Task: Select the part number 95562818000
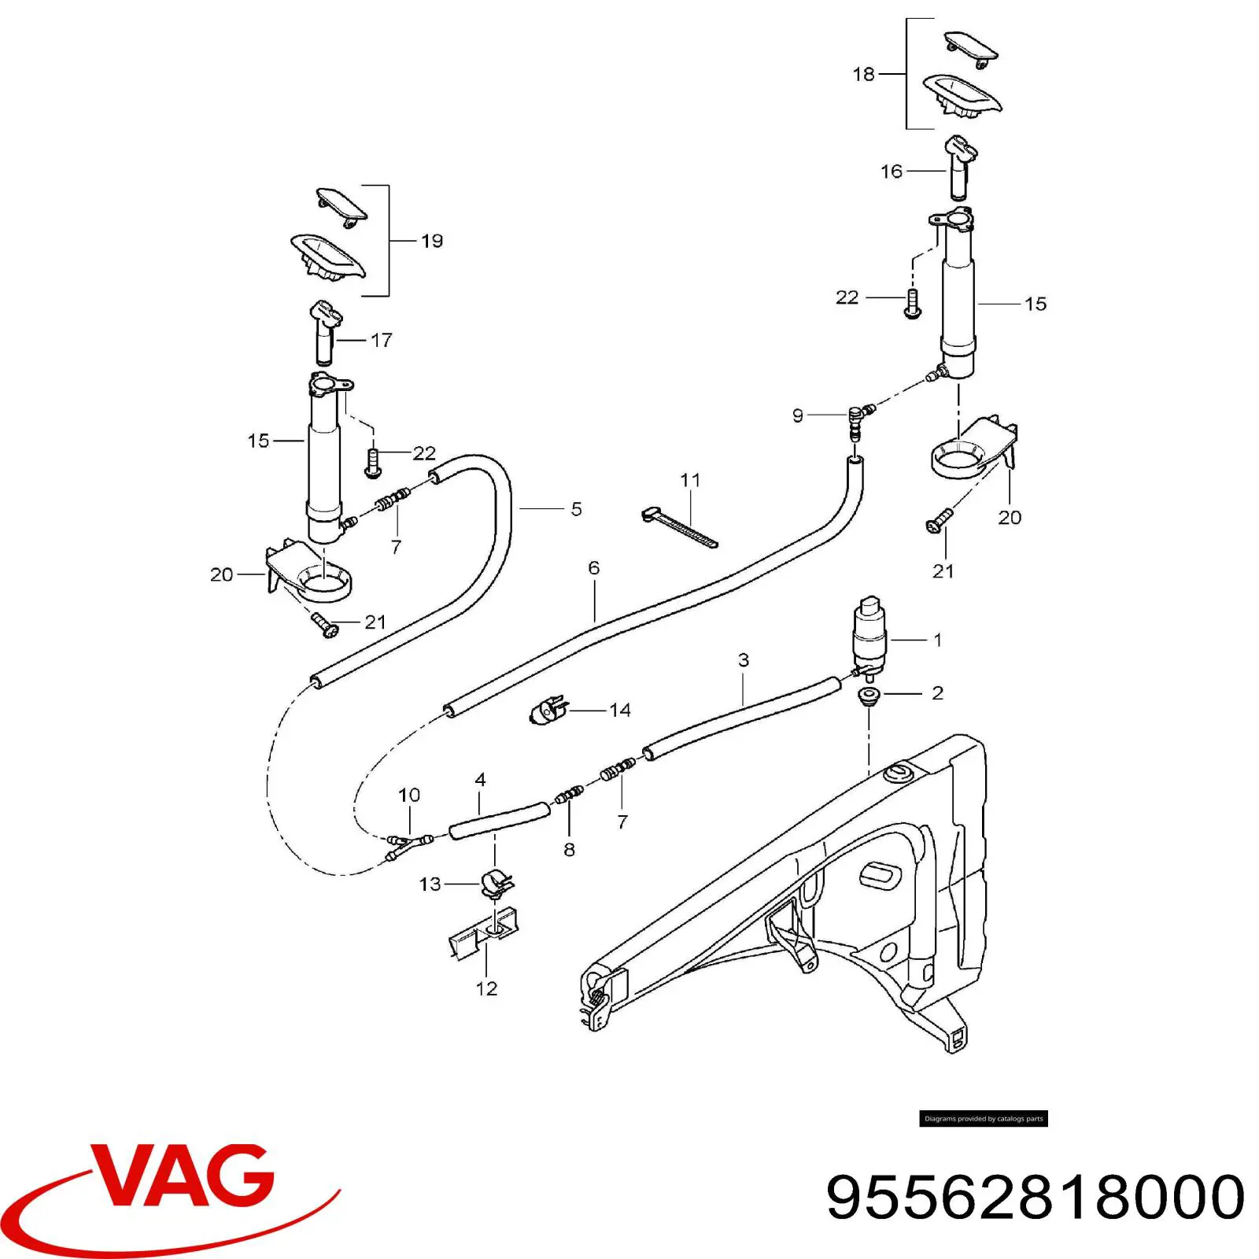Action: (1036, 1197)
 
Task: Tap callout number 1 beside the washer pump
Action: (937, 640)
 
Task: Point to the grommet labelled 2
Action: (869, 696)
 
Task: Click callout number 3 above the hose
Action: (744, 659)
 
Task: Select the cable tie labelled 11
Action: (678, 526)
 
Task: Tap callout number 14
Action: (620, 711)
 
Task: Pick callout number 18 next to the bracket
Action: (863, 74)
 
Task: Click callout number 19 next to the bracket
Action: (432, 241)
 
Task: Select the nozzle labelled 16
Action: (959, 167)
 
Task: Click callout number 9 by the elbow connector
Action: (798, 415)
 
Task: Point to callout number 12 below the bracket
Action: (486, 988)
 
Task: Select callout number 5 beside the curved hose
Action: (576, 509)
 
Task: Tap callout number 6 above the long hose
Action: (593, 567)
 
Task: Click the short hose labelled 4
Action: (499, 820)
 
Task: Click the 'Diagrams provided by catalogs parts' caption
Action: (984, 1118)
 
